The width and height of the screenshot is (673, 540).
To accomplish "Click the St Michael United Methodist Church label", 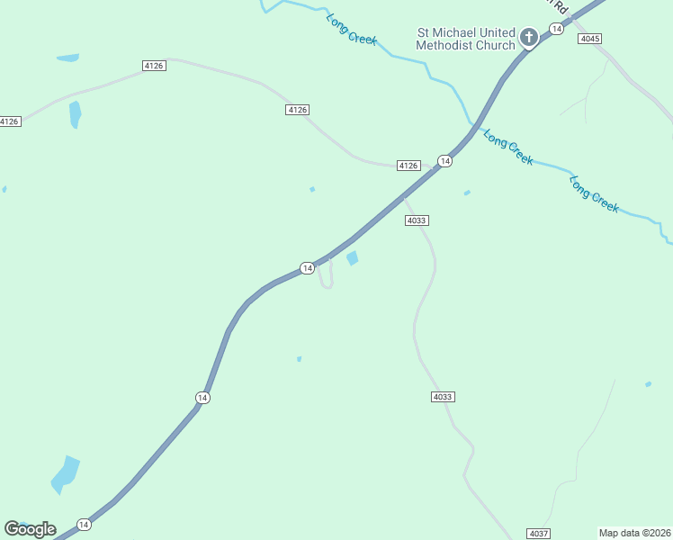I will (x=465, y=39).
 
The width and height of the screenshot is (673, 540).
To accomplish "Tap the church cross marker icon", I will (x=529, y=38).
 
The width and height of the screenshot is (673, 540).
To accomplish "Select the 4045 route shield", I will (x=590, y=39).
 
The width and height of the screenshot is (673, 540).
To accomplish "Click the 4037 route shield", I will (x=539, y=534).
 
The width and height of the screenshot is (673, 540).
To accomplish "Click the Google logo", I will (x=30, y=529).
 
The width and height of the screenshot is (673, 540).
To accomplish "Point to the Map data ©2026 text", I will (x=634, y=533).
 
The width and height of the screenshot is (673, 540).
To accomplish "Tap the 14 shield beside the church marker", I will (x=557, y=30).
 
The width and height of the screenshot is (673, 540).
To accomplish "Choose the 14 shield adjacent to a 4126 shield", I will (x=444, y=160).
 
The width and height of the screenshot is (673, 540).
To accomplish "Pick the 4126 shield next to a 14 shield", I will (x=408, y=166).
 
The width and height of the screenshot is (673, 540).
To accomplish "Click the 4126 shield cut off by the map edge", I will (x=10, y=121).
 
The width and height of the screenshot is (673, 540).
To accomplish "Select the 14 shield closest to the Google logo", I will (x=84, y=524).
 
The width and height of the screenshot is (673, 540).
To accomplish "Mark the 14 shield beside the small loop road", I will (x=307, y=268).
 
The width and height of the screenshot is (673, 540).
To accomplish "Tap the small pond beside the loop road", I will (x=353, y=258).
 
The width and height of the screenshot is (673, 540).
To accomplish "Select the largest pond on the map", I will (x=65, y=474).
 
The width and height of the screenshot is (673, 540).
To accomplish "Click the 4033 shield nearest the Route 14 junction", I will (x=417, y=220).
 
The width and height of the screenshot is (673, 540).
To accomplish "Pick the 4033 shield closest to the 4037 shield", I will (x=443, y=397).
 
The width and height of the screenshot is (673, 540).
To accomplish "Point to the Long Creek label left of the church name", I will (x=352, y=29).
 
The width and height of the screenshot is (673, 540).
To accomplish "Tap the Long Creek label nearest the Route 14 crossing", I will (x=508, y=148).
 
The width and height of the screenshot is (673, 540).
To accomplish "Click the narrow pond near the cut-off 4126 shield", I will (x=75, y=114).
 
